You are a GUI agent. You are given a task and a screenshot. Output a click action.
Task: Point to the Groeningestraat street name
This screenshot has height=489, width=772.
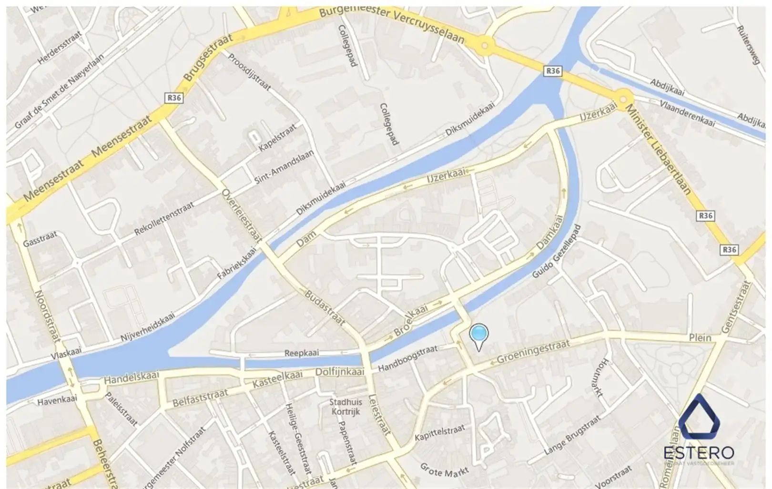click(533, 352)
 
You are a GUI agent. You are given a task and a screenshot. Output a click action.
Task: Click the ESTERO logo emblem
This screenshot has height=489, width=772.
click(699, 418)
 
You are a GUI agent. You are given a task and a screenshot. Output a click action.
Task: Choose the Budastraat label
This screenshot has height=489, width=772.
click(325, 308)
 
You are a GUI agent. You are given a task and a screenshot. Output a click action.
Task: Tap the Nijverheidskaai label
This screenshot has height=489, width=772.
click(148, 327)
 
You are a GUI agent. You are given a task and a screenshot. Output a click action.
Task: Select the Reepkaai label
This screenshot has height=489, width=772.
click(301, 353)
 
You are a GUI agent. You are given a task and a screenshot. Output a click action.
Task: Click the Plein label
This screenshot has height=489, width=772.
click(700, 338)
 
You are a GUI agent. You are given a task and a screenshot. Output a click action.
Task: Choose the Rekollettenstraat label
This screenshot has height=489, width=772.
click(164, 219)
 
